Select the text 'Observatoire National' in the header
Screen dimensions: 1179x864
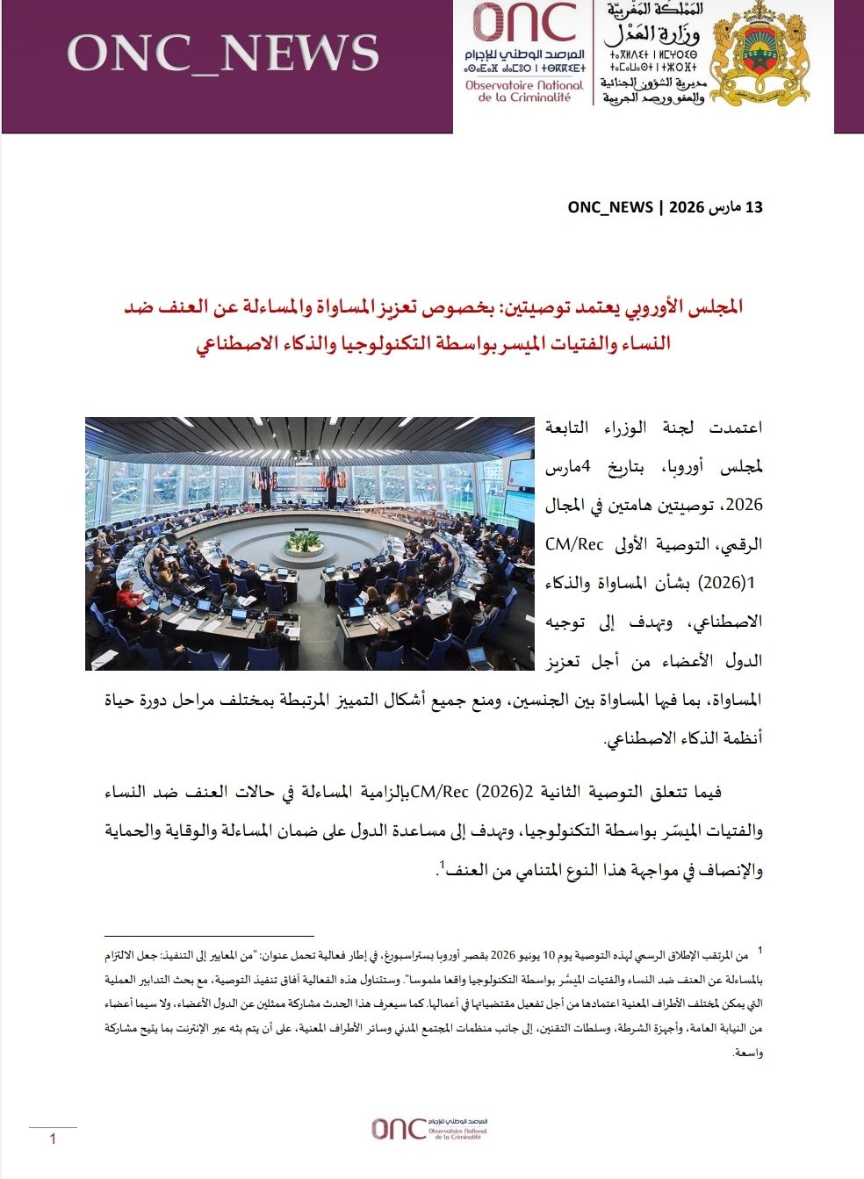tap(524, 85)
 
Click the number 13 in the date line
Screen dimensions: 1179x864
tap(753, 208)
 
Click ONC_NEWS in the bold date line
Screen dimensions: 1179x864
tap(610, 208)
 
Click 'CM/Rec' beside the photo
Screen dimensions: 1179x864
tap(574, 544)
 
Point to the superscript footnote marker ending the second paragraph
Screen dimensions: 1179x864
tap(443, 865)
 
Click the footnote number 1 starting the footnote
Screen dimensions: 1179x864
tap(760, 950)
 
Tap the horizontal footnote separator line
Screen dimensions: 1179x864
tap(208, 936)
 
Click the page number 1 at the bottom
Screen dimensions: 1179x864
tap(54, 1139)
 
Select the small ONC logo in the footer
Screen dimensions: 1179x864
tap(428, 1128)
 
